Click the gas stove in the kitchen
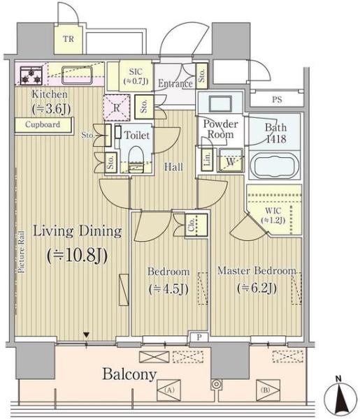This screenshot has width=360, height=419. click(31, 75)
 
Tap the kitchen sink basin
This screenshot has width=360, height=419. click(77, 75)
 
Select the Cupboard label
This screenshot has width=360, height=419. click(43, 124)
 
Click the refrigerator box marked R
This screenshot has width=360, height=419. click(117, 108)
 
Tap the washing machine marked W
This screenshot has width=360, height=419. click(231, 161)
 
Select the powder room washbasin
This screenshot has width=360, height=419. click(220, 103)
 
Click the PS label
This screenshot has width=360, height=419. click(277, 100)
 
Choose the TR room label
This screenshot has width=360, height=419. click(69, 39)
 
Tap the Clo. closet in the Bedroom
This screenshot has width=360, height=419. click(196, 225)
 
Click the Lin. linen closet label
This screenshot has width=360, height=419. click(208, 159)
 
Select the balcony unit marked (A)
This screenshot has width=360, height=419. click(168, 390)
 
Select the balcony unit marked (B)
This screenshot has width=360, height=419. click(268, 390)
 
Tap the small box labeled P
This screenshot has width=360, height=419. click(199, 337)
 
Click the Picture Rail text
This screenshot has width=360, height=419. click(22, 251)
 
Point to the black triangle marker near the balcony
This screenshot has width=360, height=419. click(86, 335)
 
